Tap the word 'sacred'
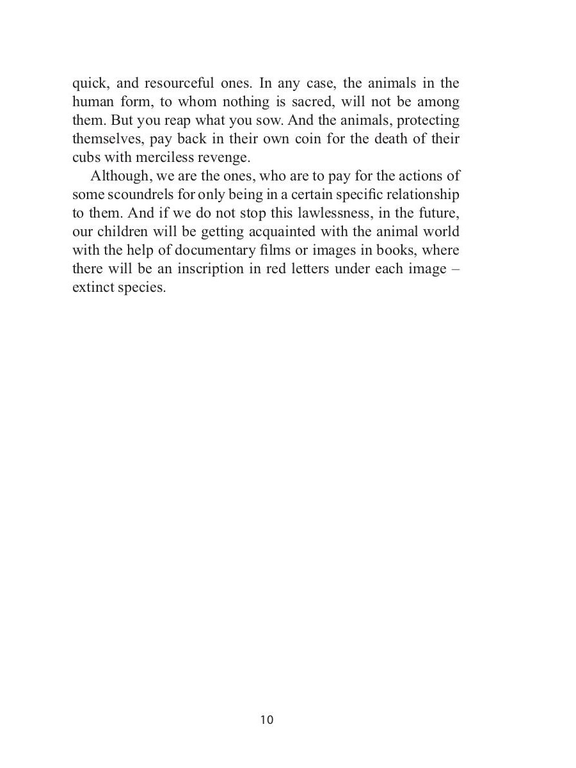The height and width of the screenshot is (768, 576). (x=308, y=102)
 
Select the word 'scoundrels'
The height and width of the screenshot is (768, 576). (x=132, y=195)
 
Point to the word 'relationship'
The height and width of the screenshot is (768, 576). (x=423, y=195)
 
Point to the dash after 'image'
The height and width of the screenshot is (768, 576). (x=454, y=269)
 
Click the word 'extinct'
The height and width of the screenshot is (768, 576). (x=92, y=287)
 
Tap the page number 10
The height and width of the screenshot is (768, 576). (x=267, y=720)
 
